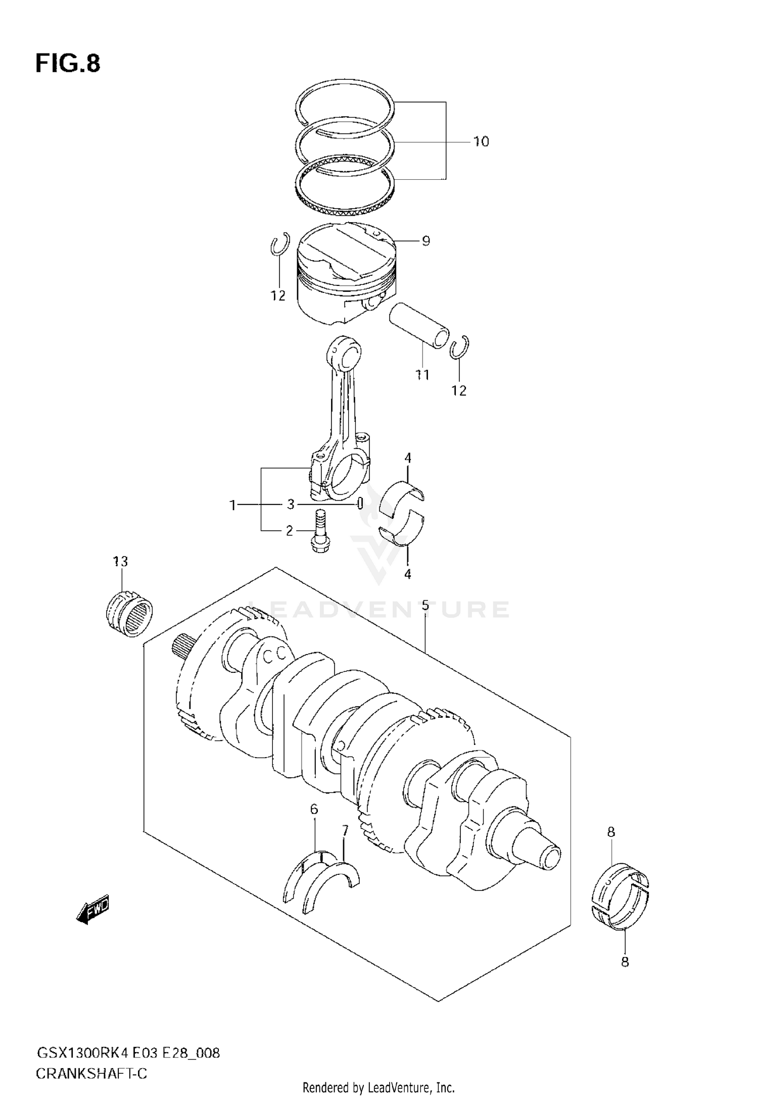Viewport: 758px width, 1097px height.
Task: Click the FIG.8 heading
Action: (x=68, y=64)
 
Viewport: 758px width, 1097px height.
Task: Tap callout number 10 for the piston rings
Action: (x=481, y=142)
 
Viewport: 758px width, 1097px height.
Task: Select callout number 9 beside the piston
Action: (x=425, y=241)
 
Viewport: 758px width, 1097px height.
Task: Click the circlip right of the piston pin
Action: (x=460, y=348)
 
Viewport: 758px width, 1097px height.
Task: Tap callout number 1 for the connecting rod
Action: (x=233, y=505)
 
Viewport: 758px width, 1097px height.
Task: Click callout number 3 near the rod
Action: (x=291, y=504)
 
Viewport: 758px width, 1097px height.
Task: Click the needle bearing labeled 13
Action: (x=130, y=612)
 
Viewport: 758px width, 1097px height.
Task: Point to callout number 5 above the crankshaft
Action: (x=425, y=605)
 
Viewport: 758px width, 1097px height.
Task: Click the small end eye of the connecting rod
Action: (x=345, y=354)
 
